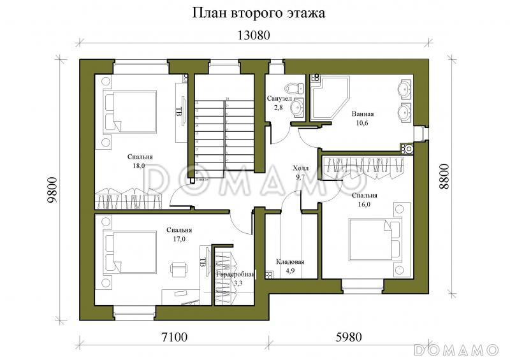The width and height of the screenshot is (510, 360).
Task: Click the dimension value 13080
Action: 254,36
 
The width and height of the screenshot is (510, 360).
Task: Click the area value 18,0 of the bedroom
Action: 139,166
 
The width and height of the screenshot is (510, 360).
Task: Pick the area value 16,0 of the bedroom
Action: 364,205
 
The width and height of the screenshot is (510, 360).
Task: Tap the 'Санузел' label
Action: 279,99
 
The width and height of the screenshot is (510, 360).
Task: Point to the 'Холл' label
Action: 300,168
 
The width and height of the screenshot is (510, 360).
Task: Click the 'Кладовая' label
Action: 290,262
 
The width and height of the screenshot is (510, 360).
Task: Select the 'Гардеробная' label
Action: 235,274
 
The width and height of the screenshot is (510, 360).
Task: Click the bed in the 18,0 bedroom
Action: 131,112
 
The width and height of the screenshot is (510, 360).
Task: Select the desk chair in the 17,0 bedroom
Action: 177,268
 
